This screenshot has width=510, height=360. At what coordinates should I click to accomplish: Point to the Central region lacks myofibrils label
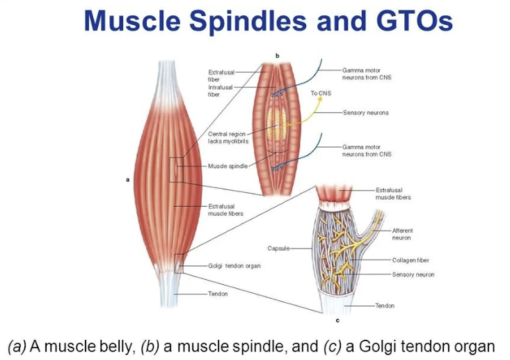pos(228,137)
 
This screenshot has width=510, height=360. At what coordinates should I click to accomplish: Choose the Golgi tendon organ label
pos(234,266)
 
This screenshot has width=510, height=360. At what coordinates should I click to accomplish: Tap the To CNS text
pos(321,93)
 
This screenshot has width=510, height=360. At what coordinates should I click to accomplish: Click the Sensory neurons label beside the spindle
pos(365,112)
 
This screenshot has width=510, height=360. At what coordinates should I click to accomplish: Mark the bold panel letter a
pos(127,179)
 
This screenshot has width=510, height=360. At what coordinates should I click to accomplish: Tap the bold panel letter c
pos(337,322)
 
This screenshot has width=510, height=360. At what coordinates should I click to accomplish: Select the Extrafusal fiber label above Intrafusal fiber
pos(219,75)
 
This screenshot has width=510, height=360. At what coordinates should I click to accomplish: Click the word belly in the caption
pos(113,346)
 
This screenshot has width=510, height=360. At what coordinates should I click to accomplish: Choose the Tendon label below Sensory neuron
pos(385,306)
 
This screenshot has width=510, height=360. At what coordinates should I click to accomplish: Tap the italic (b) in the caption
pos(151,346)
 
